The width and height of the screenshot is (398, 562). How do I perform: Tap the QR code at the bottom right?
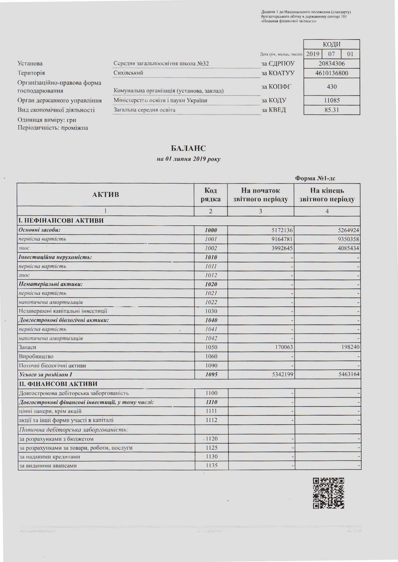[329, 493]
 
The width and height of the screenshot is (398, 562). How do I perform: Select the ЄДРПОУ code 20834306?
[332, 63]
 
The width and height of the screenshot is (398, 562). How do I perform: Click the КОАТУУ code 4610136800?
[332, 73]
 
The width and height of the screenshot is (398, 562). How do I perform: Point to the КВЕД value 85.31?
[332, 110]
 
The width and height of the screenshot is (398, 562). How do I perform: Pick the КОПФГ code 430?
[332, 86]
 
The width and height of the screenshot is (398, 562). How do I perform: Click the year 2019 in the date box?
[312, 54]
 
